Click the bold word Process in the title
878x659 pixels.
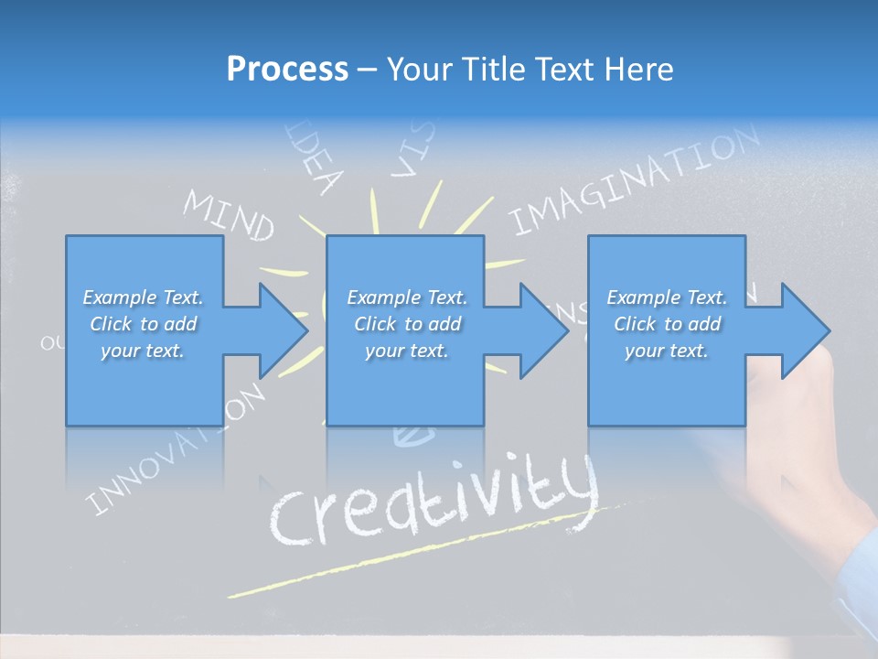point(287,70)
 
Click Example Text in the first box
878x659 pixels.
point(143,297)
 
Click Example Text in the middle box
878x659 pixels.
point(407,297)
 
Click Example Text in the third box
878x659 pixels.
point(667,297)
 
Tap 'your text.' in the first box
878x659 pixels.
point(143,351)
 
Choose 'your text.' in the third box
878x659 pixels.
point(667,351)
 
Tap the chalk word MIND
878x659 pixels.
point(229,216)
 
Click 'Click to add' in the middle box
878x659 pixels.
point(407,324)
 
